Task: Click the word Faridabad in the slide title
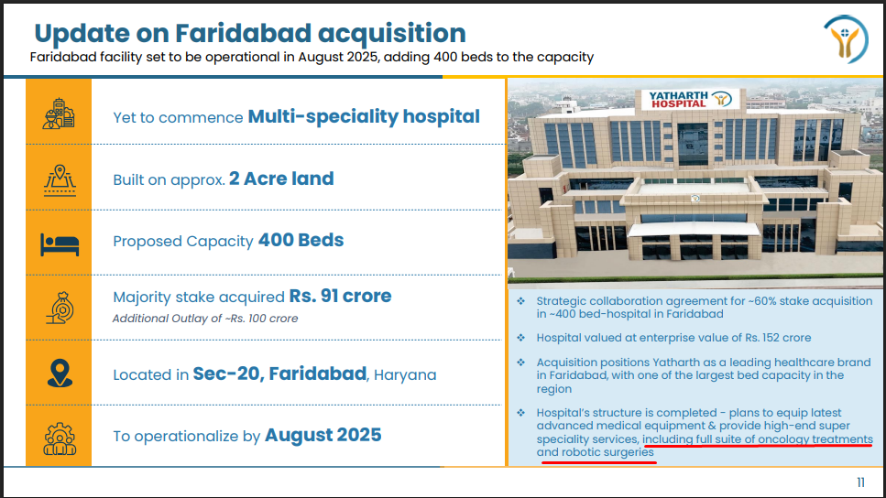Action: pyautogui.click(x=243, y=33)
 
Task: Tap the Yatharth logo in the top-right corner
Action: pyautogui.click(x=846, y=39)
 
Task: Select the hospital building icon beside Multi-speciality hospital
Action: pyautogui.click(x=59, y=114)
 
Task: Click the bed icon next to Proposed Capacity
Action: pyautogui.click(x=60, y=244)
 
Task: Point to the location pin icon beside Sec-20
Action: pyautogui.click(x=60, y=373)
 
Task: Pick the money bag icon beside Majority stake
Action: pyautogui.click(x=60, y=308)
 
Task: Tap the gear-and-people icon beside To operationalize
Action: pyautogui.click(x=60, y=438)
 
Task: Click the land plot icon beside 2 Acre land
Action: pyautogui.click(x=60, y=180)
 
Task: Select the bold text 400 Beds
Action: pyautogui.click(x=301, y=241)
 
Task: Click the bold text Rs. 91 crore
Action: pyautogui.click(x=340, y=296)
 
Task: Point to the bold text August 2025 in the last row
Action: pyautogui.click(x=323, y=436)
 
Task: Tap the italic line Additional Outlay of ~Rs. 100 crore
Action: pyautogui.click(x=205, y=319)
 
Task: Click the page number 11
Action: pyautogui.click(x=860, y=482)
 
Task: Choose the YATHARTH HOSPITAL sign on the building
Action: pyautogui.click(x=678, y=100)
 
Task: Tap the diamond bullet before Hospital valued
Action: pyautogui.click(x=521, y=338)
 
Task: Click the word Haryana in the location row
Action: pyautogui.click(x=405, y=375)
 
